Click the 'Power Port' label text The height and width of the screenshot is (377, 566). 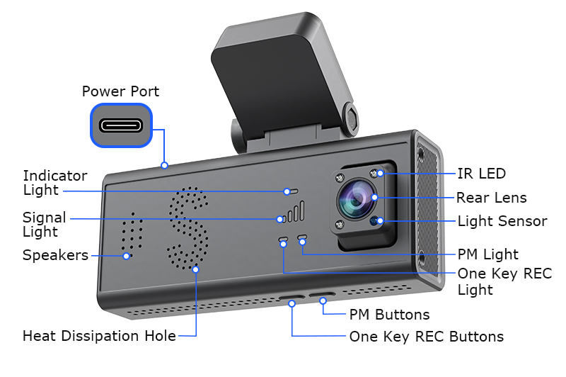click(x=120, y=91)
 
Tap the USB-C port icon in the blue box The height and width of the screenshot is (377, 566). click(x=121, y=125)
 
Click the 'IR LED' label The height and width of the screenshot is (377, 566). click(x=482, y=174)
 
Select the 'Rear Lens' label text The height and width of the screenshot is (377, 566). click(x=491, y=198)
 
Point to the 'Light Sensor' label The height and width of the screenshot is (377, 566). click(x=502, y=221)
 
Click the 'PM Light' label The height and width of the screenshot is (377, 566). click(x=488, y=254)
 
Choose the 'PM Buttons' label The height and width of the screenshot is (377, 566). click(x=389, y=314)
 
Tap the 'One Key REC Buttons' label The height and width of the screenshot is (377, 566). click(x=427, y=337)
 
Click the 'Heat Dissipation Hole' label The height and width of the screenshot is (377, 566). click(x=99, y=336)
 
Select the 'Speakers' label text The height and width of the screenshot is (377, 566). click(x=55, y=254)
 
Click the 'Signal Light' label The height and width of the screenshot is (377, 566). click(x=45, y=224)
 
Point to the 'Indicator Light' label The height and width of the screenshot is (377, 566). click(x=55, y=182)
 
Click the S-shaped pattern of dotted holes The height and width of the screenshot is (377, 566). click(x=189, y=228)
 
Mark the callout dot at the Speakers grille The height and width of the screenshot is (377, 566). click(x=127, y=255)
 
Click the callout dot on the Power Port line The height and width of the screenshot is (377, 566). click(x=164, y=166)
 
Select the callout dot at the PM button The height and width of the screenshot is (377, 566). click(x=323, y=301)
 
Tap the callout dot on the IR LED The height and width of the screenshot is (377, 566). click(x=380, y=173)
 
